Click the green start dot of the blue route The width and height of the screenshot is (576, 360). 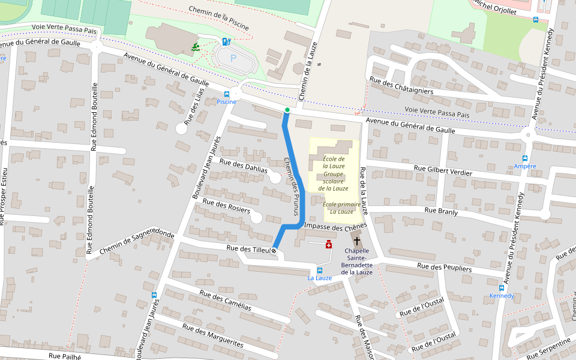287,110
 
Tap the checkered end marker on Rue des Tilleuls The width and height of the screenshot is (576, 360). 274,250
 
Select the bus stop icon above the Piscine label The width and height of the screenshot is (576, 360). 227,94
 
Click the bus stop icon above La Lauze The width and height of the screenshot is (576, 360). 319,270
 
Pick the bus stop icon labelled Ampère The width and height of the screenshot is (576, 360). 525,158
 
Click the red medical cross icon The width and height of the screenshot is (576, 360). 328,244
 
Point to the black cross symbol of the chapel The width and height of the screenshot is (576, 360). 357,241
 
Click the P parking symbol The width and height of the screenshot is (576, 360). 233,59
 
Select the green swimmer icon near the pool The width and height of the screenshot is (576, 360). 196,47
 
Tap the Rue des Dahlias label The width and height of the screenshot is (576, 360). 244,166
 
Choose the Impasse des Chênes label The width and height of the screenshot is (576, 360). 335,227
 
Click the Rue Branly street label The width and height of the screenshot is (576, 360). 441,211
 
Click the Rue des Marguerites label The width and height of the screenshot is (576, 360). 213,336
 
